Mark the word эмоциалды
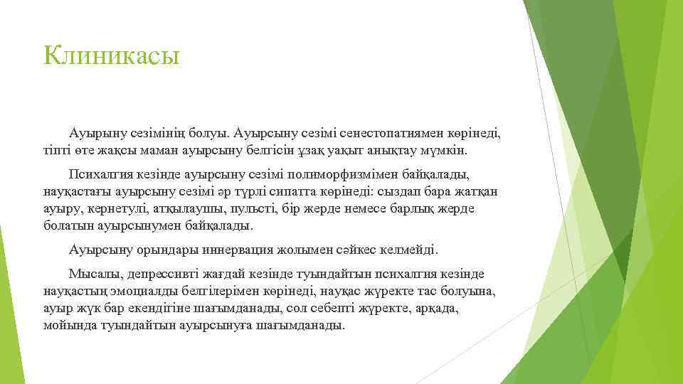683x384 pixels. pyautogui.click(x=143, y=291)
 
